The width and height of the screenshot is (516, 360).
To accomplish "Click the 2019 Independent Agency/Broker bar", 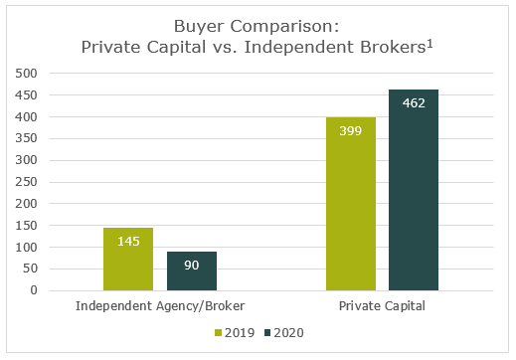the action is coord(128,260).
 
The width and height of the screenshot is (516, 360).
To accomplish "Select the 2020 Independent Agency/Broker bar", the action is coord(192,271).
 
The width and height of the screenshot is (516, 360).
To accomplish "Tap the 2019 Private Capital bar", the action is coord(351,204).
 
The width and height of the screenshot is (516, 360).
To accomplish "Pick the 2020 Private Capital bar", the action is coord(414,190).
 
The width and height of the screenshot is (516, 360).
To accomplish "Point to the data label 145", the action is coord(128,242).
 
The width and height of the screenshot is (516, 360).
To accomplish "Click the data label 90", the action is coord(192,266).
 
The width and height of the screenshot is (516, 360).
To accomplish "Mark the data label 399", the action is coord(351,131).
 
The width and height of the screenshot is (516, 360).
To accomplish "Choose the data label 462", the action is coord(414,103).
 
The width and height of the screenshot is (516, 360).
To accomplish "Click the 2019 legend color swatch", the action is coord(218,332).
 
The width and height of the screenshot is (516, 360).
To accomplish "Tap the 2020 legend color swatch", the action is coord(267,332).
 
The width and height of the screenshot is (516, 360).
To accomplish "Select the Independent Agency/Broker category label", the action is coord(160,305).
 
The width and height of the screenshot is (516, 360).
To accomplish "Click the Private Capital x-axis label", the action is coord(382,305).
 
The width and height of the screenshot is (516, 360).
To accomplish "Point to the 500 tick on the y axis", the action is coord(26,74).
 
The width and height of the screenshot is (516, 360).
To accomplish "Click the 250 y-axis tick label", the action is coord(26,182).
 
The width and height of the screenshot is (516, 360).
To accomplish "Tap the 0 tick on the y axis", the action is coord(34,290).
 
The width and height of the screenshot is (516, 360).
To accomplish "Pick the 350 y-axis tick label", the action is coord(26,138).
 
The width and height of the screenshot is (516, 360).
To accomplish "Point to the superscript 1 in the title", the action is coord(430,44).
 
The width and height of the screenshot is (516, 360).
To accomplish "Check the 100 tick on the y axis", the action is coord(26,247).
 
